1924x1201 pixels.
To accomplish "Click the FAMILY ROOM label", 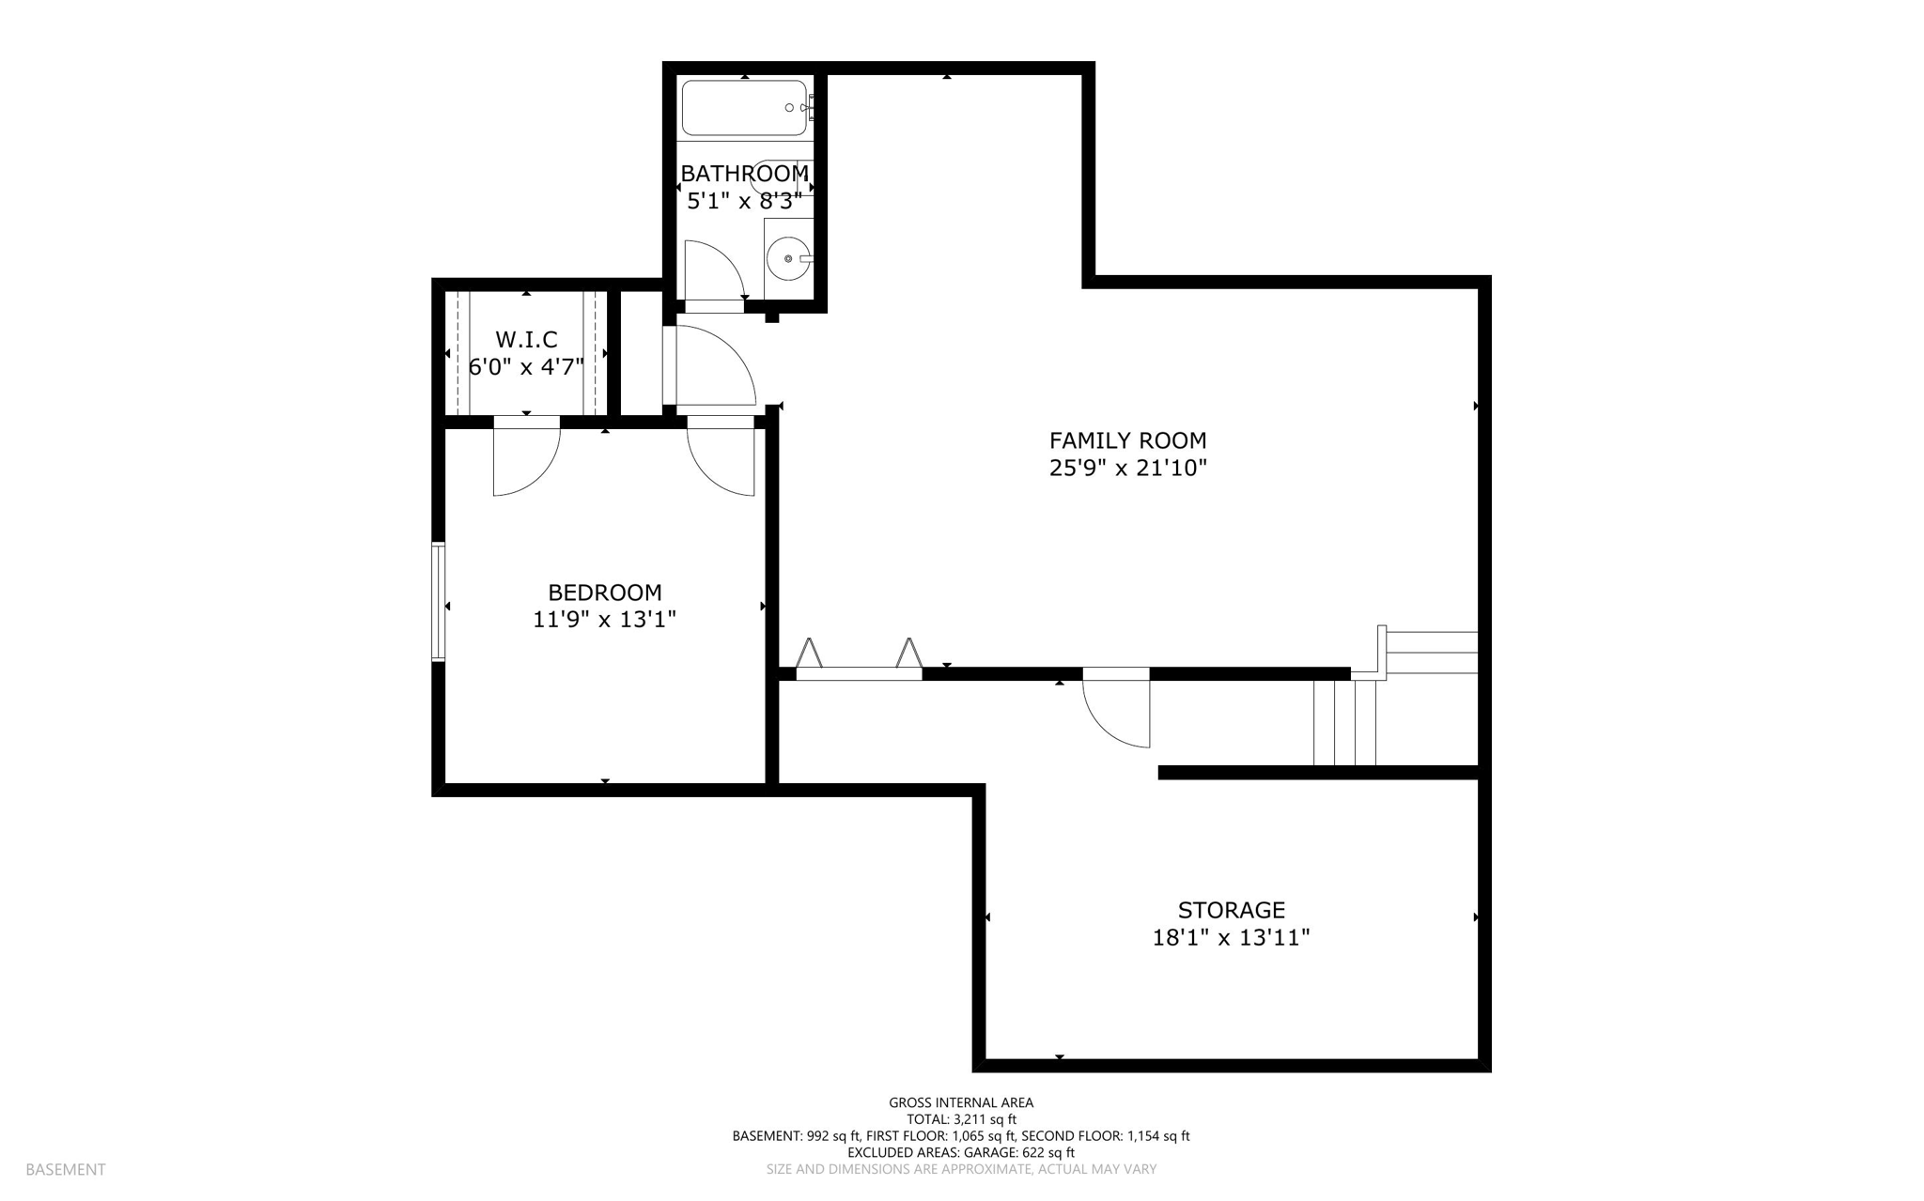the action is click(1127, 440).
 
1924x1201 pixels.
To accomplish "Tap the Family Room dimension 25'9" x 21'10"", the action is click(1127, 468).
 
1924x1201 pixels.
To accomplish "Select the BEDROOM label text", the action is click(605, 593).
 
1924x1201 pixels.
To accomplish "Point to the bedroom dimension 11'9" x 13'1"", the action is click(605, 620).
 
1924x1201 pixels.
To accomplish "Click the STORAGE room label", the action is click(1232, 910).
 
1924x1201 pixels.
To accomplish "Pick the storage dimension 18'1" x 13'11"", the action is click(1232, 937).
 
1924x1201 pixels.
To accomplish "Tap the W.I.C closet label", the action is click(526, 339).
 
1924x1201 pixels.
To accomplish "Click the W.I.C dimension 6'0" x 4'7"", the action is click(526, 366).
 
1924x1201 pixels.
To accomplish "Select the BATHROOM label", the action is click(744, 174).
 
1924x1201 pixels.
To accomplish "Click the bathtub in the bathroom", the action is click(745, 108).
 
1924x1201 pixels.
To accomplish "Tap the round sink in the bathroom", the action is click(788, 256).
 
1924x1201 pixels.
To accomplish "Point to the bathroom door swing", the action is click(715, 269).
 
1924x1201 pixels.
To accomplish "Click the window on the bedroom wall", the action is click(438, 601).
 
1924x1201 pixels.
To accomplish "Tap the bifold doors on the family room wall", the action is click(859, 655).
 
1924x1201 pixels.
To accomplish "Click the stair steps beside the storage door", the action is click(1344, 722).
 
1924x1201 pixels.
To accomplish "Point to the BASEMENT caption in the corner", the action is click(66, 1169).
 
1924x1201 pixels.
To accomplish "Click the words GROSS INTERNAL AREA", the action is click(961, 1102).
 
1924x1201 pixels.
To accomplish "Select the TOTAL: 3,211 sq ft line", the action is click(961, 1119).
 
